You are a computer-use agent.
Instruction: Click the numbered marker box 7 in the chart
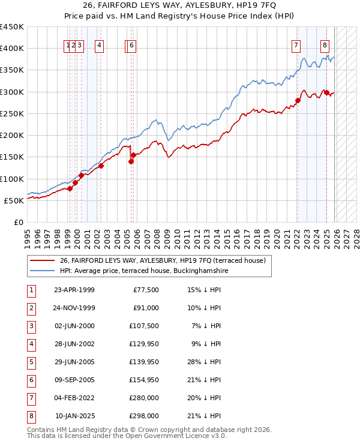pos(296,44)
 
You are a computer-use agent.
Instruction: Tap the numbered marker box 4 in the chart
pos(99,44)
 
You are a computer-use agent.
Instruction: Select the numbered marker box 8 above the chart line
pos(325,44)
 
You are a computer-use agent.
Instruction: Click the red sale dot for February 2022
pos(298,100)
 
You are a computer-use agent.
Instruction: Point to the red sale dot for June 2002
pos(101,166)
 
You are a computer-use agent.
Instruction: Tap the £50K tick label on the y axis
pos(14,200)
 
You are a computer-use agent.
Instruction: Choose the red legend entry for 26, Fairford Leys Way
pos(167,260)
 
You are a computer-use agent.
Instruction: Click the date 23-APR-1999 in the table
pos(74,290)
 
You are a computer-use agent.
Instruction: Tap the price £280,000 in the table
pos(145,398)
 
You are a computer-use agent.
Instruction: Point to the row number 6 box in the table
pos(29,380)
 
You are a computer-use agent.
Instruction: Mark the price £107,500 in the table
pos(145,326)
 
